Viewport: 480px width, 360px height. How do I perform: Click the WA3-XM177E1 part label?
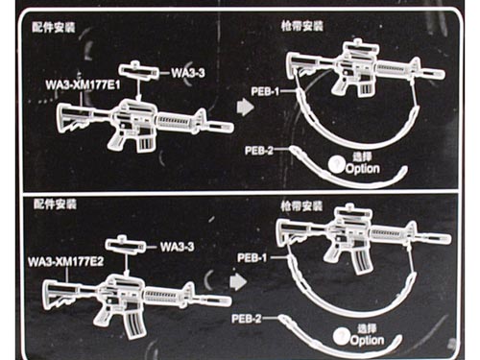pos(83,85)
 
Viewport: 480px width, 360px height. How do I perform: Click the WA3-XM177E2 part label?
pos(66,262)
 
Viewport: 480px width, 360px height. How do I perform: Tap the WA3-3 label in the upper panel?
pos(188,73)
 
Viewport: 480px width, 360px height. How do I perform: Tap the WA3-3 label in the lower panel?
pos(177,247)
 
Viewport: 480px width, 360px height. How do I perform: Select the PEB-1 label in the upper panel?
pos(265,92)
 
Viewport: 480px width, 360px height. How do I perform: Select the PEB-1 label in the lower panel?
pos(252,257)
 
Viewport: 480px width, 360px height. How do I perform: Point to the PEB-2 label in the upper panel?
pos(259,150)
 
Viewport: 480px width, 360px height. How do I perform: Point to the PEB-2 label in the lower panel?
pos(246,319)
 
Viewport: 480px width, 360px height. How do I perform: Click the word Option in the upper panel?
pos(363,169)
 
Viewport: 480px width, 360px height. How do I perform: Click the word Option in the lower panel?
pos(367,341)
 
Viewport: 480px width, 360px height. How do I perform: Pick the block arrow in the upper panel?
pos(245,107)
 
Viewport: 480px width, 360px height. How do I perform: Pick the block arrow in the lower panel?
pos(238,281)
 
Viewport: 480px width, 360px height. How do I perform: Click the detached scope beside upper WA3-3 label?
pos(138,71)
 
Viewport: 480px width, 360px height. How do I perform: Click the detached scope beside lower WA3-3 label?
pos(125,245)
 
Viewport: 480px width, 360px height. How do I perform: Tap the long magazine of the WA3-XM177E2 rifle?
pos(135,324)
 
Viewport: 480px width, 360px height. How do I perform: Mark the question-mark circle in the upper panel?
pos(336,164)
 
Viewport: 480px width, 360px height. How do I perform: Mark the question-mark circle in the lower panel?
pos(341,336)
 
